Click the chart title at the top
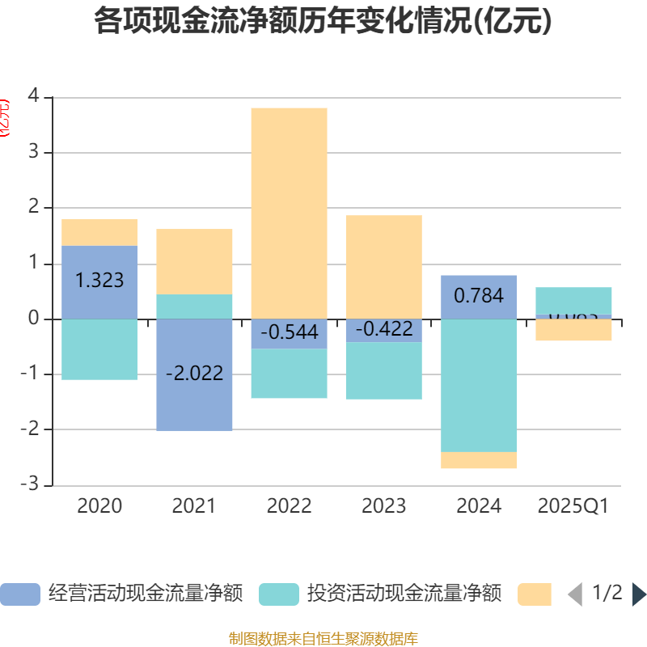[323, 21]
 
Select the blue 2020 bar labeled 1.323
[99, 281]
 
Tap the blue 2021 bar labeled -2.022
[194, 374]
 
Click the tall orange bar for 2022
[289, 213]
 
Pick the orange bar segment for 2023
[383, 267]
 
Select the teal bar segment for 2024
[479, 385]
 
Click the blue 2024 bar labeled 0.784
[479, 296]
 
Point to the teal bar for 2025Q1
[573, 300]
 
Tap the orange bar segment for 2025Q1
[573, 330]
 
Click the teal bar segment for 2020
[99, 349]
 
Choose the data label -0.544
[289, 332]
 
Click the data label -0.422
[383, 329]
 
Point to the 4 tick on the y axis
[33, 96]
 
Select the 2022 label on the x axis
[289, 506]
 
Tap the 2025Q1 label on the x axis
[573, 506]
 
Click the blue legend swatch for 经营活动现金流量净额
[20, 594]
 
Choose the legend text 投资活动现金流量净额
[404, 594]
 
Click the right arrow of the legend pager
[639, 594]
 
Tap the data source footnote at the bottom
[323, 639]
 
